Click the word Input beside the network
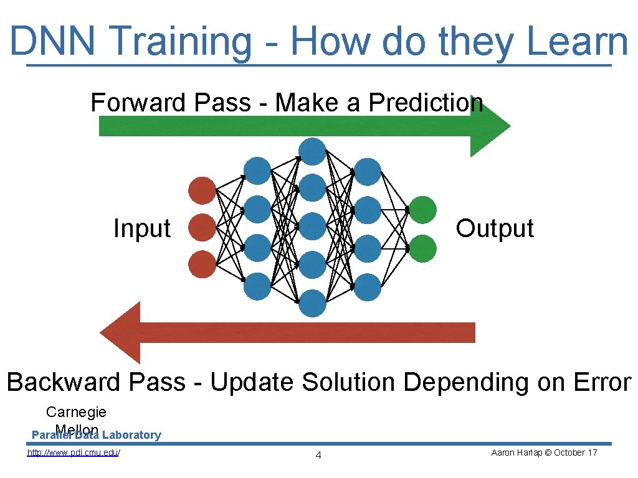click(141, 228)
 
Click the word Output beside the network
click(494, 228)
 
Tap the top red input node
click(202, 190)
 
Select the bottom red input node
click(202, 264)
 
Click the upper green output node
click(422, 210)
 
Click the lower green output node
click(422, 248)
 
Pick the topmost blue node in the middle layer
click(312, 151)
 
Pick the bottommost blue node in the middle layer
click(312, 303)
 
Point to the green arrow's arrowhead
click(490, 126)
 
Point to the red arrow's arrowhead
click(121, 332)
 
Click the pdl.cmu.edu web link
click(74, 453)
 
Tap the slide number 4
click(318, 456)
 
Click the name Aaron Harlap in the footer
click(513, 452)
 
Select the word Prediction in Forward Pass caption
click(426, 103)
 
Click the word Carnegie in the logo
click(76, 412)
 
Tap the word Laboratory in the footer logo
click(131, 435)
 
